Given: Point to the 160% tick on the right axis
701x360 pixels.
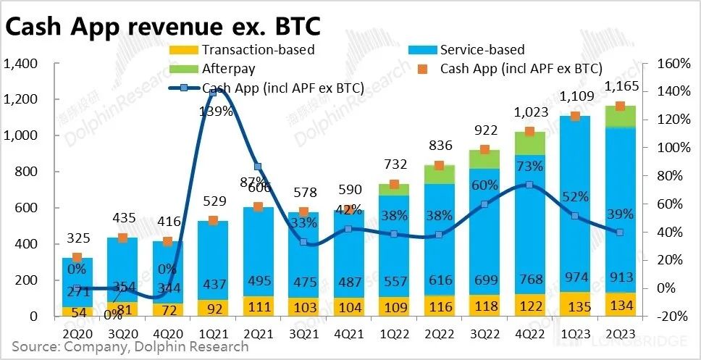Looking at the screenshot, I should click(x=673, y=64).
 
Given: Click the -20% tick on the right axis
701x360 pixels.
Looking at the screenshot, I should click(x=673, y=317).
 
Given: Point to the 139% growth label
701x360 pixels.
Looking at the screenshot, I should click(x=217, y=112).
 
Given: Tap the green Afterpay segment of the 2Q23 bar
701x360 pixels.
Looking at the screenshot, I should click(x=620, y=117).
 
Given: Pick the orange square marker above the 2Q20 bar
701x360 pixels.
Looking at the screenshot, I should click(x=77, y=257).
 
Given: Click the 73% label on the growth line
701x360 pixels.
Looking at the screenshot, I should click(x=530, y=166).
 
